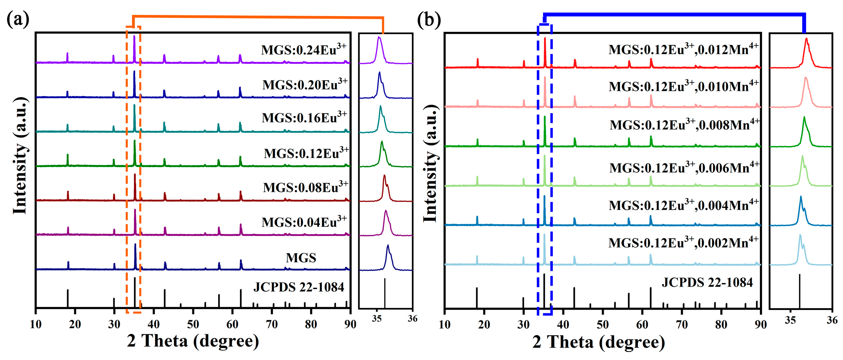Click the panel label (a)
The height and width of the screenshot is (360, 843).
tap(18, 20)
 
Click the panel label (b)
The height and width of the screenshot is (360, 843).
tap(429, 20)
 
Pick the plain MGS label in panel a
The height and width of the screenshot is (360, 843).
tap(301, 258)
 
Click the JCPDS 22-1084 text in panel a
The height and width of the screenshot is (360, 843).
tap(298, 287)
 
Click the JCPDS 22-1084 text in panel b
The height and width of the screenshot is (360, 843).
tap(707, 282)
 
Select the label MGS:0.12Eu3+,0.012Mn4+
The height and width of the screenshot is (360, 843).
tap(683, 49)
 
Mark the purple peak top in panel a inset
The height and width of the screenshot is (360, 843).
tap(379, 37)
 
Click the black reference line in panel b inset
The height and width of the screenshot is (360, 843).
tap(799, 291)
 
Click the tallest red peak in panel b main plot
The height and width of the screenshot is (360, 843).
tap(545, 39)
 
